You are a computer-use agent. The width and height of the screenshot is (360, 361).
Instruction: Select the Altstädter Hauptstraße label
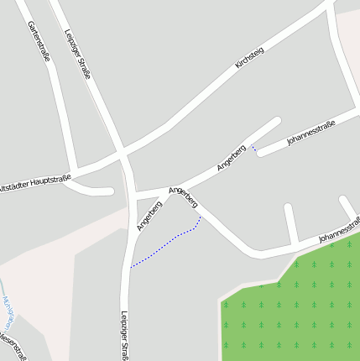click(34, 182)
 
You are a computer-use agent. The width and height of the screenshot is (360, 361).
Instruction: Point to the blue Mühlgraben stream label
click(7, 311)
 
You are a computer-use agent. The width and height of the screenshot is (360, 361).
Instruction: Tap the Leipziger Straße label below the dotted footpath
click(124, 334)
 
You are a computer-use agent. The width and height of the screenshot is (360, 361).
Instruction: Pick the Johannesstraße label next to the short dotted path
click(310, 133)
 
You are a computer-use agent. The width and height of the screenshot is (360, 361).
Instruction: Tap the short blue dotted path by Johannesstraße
click(254, 149)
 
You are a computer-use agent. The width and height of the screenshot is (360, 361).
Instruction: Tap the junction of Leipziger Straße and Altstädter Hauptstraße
click(123, 157)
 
